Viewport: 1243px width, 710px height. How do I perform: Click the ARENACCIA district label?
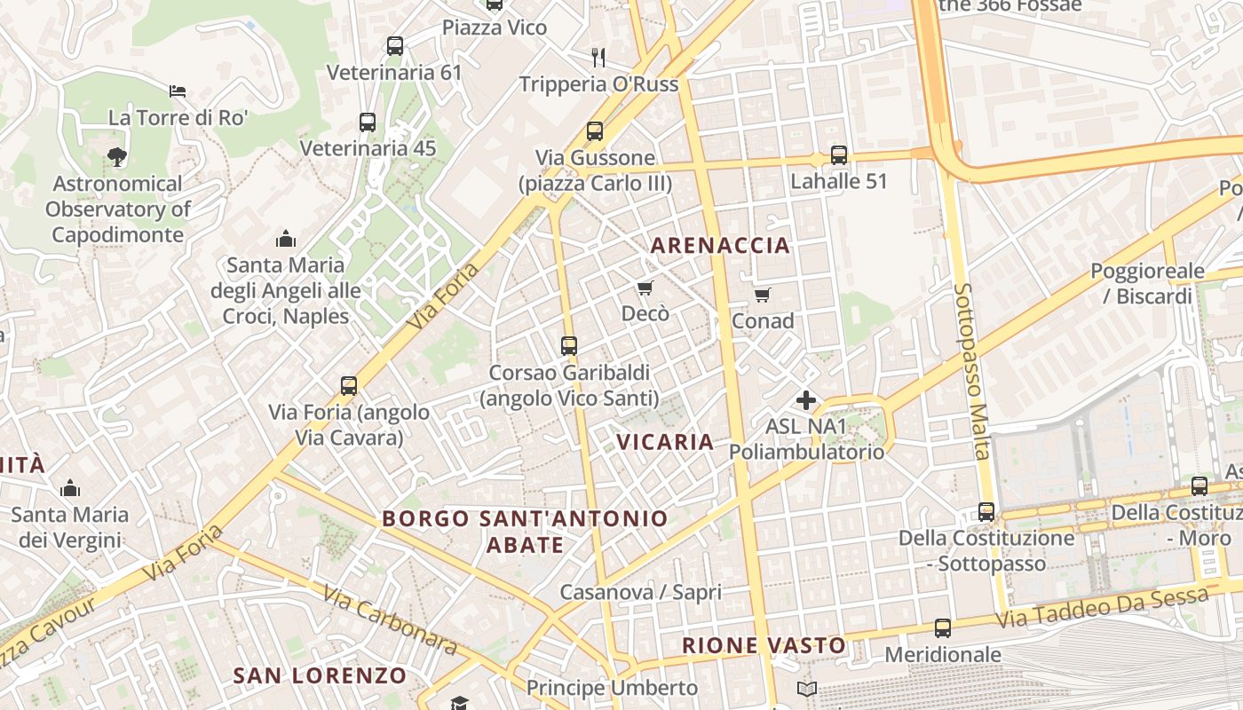point(720,246)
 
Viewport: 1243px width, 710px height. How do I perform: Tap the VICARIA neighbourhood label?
point(665,442)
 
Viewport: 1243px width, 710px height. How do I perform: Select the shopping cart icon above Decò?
point(645,288)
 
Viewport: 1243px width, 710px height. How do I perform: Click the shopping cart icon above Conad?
point(762,295)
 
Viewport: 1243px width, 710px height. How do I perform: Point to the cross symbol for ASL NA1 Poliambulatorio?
point(806,400)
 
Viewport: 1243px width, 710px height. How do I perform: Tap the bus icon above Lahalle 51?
point(839,155)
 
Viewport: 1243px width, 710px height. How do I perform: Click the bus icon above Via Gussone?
point(595,131)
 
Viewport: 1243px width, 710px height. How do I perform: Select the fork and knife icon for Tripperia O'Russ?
point(598,58)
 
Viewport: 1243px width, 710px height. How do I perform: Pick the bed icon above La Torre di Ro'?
point(178,91)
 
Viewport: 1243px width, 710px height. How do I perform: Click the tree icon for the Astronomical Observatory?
point(116,157)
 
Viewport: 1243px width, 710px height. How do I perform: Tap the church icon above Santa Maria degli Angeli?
point(285,239)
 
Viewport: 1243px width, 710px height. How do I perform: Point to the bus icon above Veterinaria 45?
point(368,122)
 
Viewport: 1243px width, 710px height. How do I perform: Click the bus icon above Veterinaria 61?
point(395,46)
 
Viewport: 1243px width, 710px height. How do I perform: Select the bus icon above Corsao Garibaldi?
point(569,346)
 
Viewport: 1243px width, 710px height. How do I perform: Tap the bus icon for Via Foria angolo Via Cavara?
point(349,386)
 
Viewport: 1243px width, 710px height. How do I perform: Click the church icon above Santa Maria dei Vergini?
point(70,488)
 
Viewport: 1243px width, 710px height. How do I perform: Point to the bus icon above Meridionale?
point(943,628)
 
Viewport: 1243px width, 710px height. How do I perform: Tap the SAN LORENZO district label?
point(320,675)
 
